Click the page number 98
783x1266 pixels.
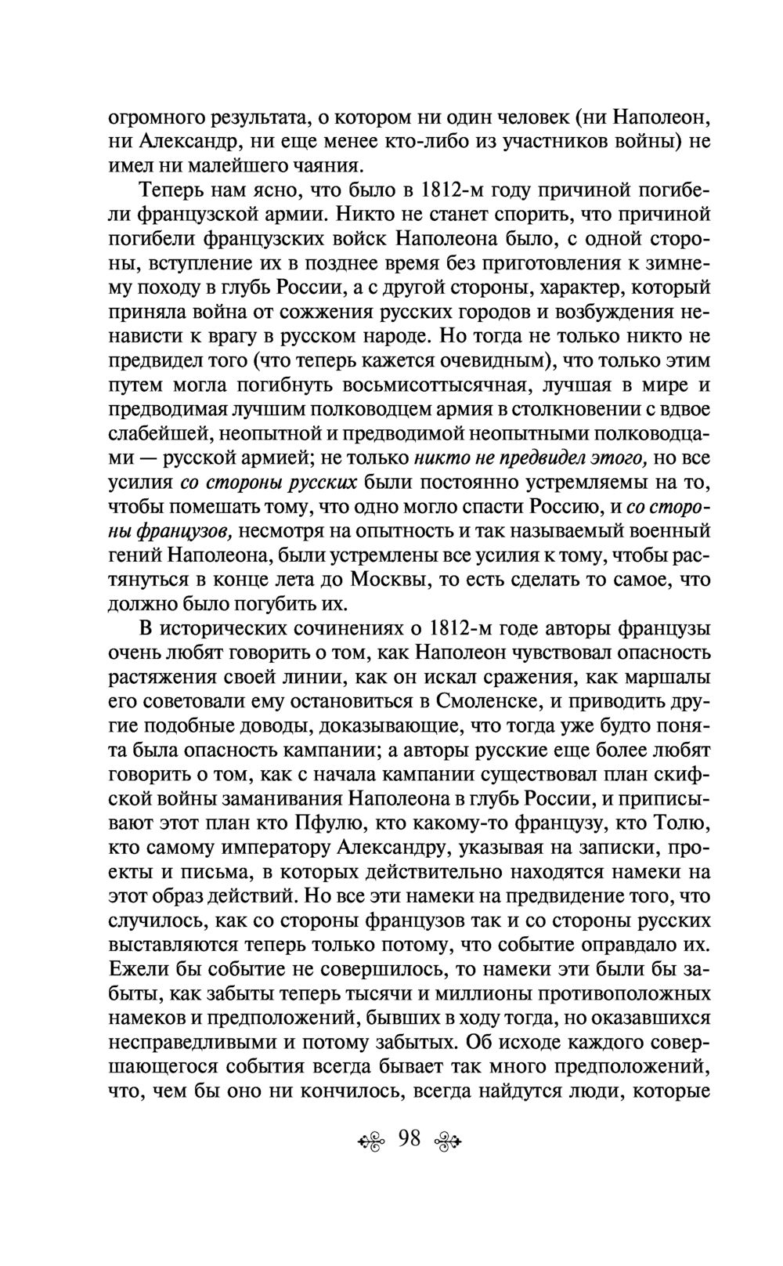[x=410, y=1138]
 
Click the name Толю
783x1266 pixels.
[x=681, y=823]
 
